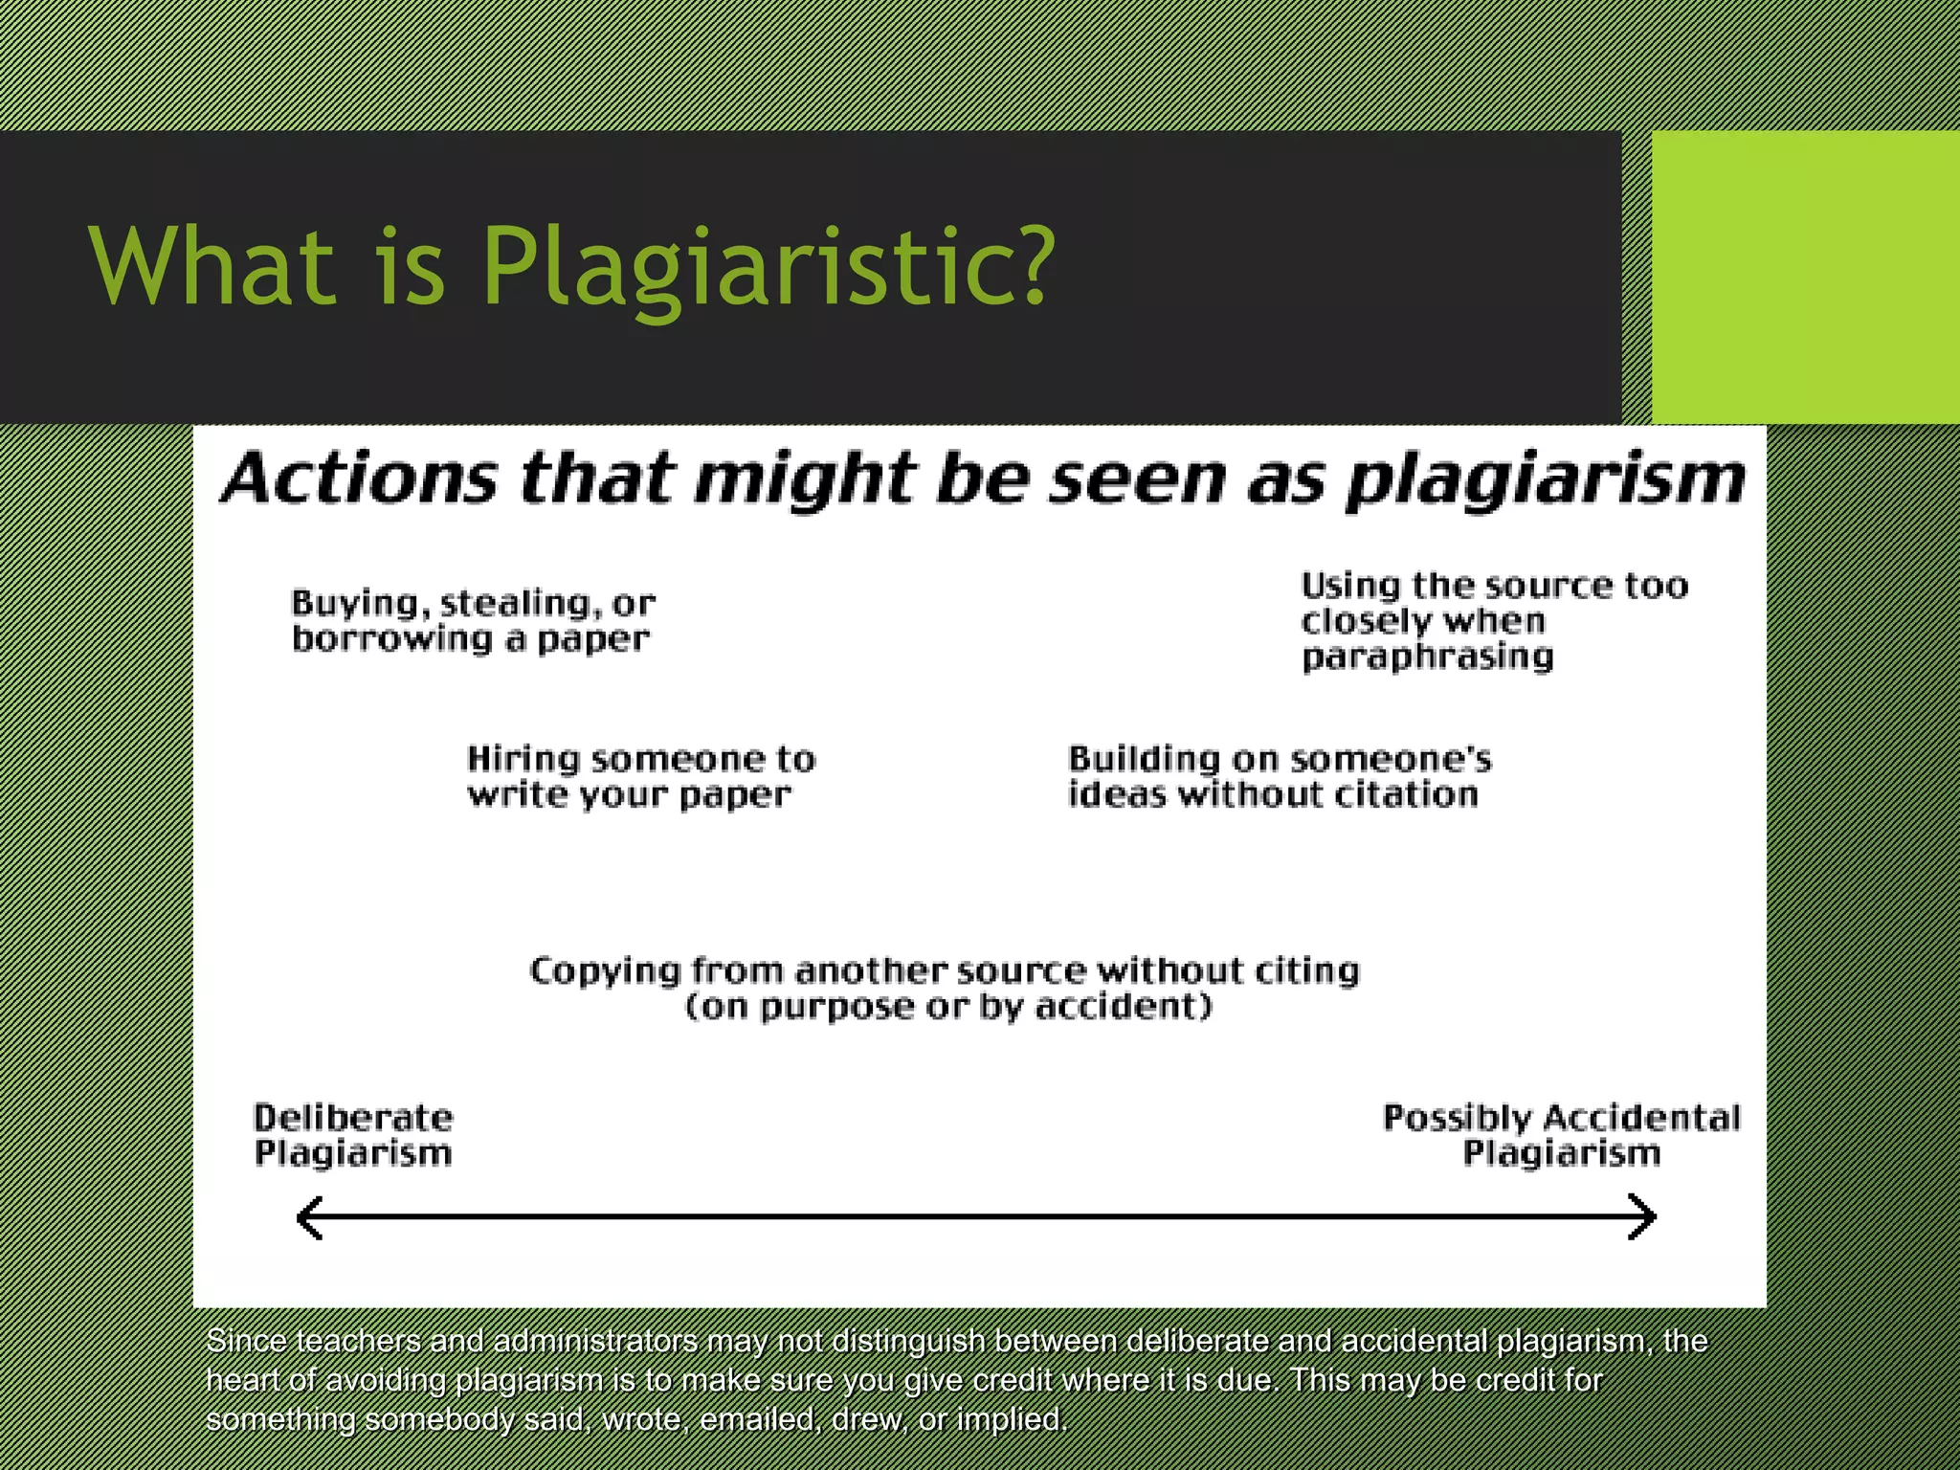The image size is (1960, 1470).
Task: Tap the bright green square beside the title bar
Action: tap(1805, 278)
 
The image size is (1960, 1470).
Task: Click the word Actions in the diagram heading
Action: tap(360, 478)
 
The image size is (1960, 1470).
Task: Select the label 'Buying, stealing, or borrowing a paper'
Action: tap(473, 621)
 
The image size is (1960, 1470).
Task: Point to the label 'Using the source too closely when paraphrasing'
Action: tap(1493, 621)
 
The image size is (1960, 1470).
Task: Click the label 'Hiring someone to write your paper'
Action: tap(640, 776)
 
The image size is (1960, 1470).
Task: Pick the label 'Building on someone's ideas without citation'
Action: tap(1279, 776)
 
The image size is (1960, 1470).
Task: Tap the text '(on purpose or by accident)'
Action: tap(947, 1007)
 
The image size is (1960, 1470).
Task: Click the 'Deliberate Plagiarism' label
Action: tap(353, 1135)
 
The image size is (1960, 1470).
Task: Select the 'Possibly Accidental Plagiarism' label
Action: tap(1561, 1135)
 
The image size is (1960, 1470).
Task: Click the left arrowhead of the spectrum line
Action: tap(308, 1217)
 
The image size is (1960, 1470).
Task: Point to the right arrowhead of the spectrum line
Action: tap(1644, 1217)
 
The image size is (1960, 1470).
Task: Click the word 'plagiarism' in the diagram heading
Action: tap(1545, 480)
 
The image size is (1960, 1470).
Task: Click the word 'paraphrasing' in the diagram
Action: tap(1427, 657)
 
